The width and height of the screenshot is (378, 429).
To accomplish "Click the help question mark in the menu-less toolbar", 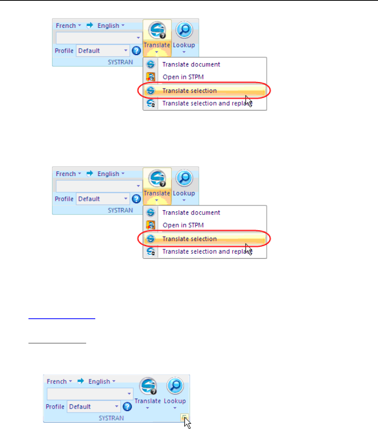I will pyautogui.click(x=127, y=407).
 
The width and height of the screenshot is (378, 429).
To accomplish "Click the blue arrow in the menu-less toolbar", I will pyautogui.click(x=81, y=381).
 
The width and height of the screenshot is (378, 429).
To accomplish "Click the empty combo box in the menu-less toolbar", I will pyautogui.click(x=90, y=394).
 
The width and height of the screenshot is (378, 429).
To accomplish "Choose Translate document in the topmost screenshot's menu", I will pyautogui.click(x=191, y=64).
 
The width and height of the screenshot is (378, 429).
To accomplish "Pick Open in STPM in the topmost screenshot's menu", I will pyautogui.click(x=183, y=77).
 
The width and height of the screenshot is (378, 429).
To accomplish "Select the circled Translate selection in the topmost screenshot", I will pyautogui.click(x=189, y=91).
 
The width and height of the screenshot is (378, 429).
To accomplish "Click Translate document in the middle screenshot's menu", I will pyautogui.click(x=191, y=213).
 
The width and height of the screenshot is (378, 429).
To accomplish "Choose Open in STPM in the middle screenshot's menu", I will pyautogui.click(x=183, y=225).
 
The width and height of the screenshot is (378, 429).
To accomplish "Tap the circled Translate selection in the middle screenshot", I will pyautogui.click(x=189, y=239).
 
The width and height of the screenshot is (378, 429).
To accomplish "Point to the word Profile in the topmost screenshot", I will pyautogui.click(x=64, y=51).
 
